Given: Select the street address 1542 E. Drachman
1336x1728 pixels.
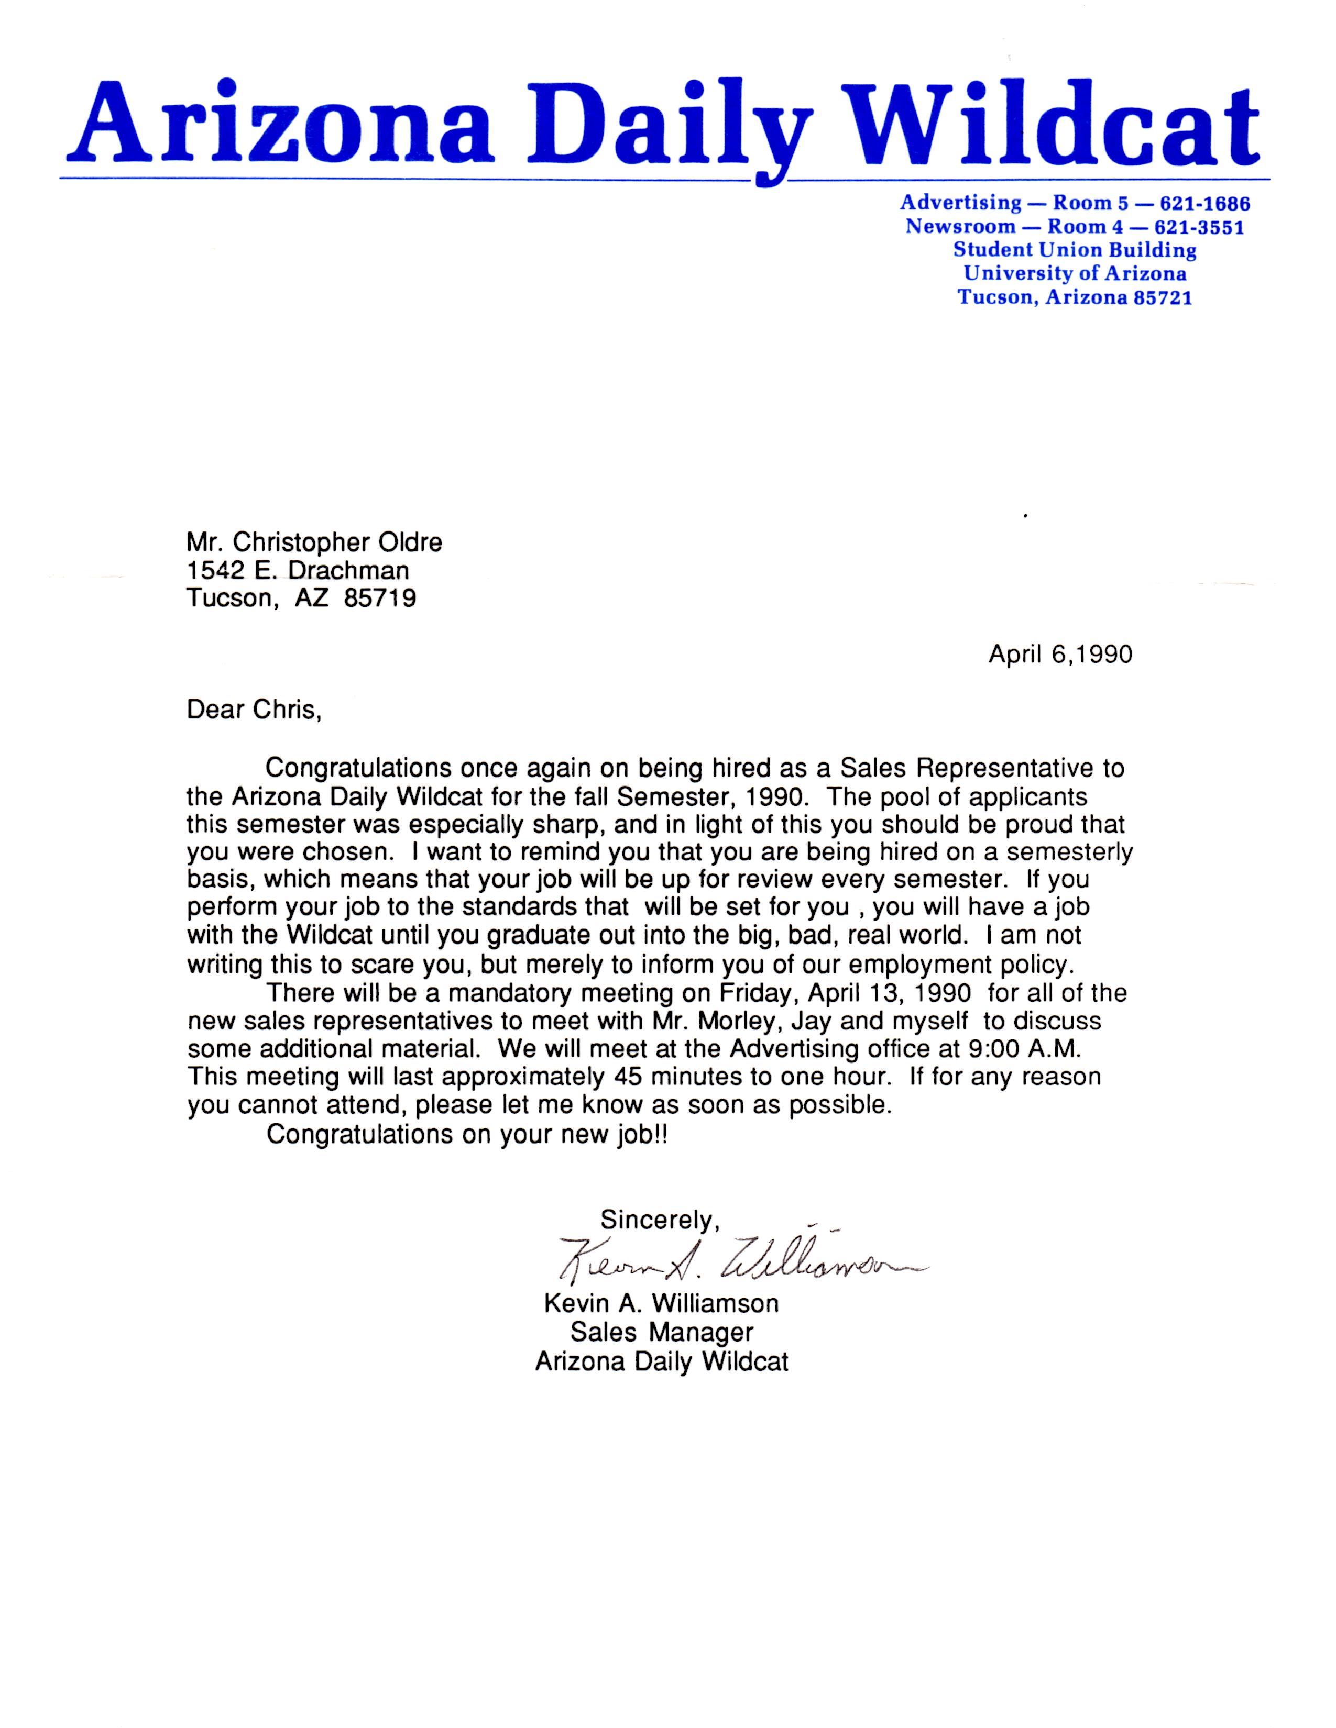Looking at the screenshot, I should coord(298,570).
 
